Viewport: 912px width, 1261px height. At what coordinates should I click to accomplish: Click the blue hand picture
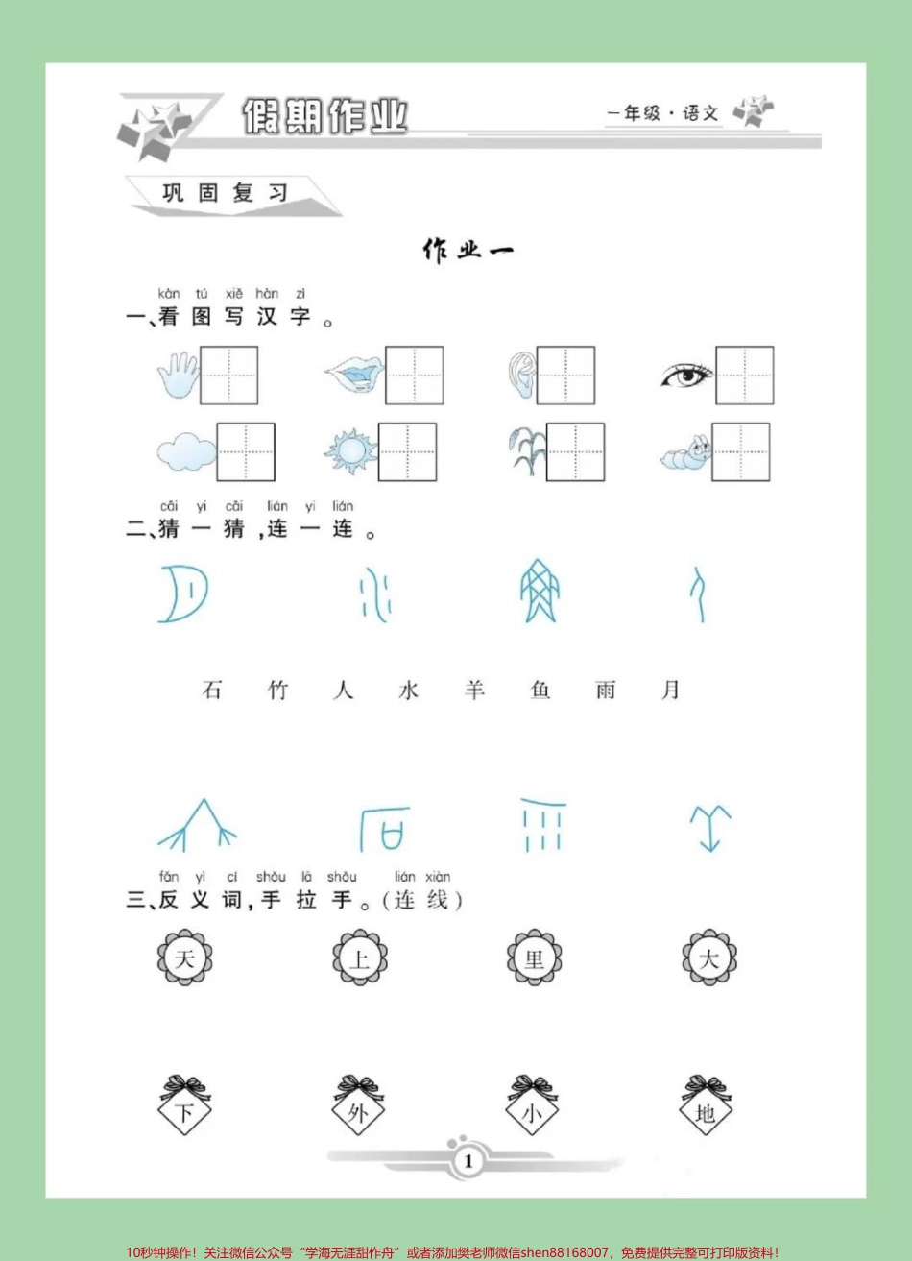[x=178, y=375]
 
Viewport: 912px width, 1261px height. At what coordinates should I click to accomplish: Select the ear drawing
[x=521, y=376]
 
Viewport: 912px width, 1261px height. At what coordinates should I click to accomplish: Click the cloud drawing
[x=186, y=451]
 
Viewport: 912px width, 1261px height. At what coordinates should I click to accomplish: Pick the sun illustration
[x=349, y=451]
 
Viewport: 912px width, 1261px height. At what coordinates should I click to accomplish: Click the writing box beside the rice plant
[x=576, y=451]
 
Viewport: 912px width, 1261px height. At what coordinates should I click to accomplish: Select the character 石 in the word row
[x=212, y=690]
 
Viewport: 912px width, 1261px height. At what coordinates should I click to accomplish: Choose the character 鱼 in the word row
[x=540, y=690]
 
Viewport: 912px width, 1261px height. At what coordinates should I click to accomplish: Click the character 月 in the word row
[x=671, y=690]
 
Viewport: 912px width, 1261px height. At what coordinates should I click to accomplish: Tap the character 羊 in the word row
[x=474, y=690]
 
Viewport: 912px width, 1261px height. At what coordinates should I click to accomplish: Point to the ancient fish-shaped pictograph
[x=539, y=591]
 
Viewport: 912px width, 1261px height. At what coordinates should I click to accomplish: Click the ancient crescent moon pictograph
[x=183, y=594]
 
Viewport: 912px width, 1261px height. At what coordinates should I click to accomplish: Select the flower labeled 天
[x=184, y=958]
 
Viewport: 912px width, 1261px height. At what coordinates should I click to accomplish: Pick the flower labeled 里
[x=535, y=958]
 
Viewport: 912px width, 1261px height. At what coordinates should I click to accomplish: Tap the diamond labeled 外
[x=359, y=1111]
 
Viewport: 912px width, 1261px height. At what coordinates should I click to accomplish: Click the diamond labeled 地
[x=707, y=1111]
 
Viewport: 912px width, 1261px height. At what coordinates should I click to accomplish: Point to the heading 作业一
[x=468, y=251]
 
